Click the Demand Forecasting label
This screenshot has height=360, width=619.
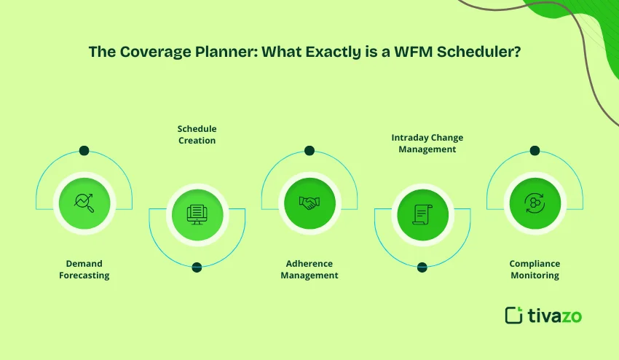(x=84, y=269)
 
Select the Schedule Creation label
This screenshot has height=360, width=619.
(x=197, y=134)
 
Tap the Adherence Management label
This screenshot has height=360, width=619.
(x=309, y=269)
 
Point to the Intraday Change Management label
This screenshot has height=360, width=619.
(x=422, y=143)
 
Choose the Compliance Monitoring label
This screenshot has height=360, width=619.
(x=535, y=269)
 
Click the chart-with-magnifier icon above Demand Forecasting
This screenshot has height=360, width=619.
(x=84, y=202)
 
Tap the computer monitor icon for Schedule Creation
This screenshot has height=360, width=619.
(x=197, y=213)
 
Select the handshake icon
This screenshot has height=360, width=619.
(x=309, y=202)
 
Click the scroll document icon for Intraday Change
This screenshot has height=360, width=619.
(x=422, y=213)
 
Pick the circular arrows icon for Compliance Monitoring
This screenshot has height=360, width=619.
(x=535, y=202)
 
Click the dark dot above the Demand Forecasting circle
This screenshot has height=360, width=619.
(x=84, y=151)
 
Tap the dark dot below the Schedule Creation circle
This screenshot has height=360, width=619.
(x=197, y=267)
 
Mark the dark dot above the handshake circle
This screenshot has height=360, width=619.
(x=309, y=151)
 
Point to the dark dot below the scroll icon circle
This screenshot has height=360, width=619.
(x=422, y=267)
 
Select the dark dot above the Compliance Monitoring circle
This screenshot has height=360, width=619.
(x=535, y=151)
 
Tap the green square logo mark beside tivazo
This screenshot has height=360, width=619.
(x=514, y=315)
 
